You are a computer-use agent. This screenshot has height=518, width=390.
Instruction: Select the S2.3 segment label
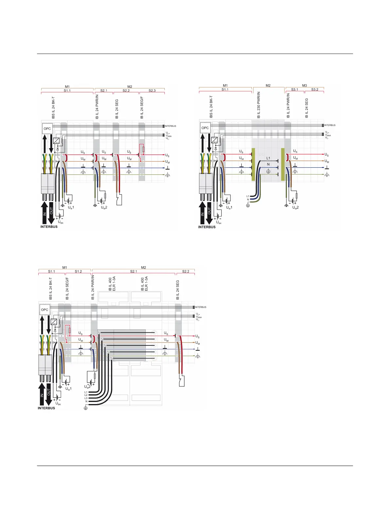tap(152, 90)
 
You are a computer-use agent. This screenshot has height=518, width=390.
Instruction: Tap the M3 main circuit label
tap(305, 85)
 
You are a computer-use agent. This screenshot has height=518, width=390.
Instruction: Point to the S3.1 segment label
tap(295, 89)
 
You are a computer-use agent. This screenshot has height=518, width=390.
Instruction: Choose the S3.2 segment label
tap(315, 89)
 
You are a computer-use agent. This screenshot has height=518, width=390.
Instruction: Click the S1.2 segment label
tap(78, 271)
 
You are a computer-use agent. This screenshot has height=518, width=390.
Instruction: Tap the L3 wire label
tap(86, 398)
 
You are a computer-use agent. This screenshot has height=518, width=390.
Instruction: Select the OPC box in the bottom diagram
tap(45, 310)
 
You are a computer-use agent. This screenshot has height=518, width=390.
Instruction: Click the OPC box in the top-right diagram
tap(205, 128)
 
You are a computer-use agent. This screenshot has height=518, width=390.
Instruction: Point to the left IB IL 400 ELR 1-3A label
tap(112, 284)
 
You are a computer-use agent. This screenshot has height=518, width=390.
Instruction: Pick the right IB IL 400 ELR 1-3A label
tap(144, 284)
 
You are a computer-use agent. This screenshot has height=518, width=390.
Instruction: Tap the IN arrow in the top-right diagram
tap(202, 213)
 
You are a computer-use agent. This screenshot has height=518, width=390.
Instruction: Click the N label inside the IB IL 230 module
tap(268, 164)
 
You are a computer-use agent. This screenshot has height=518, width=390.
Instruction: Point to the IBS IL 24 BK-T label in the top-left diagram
tap(53, 107)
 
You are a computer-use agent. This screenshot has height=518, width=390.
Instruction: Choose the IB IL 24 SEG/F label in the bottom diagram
tap(67, 288)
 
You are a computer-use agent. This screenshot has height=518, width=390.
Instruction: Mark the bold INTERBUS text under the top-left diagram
tap(49, 227)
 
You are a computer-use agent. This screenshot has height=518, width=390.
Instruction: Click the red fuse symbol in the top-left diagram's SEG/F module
tap(143, 149)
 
